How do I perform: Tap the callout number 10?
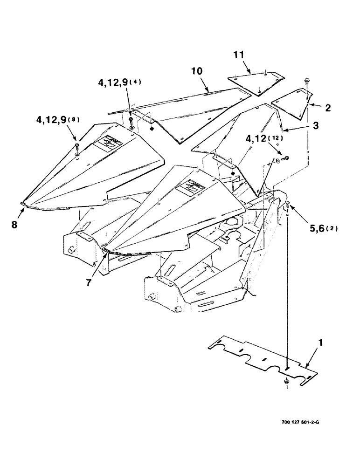pyautogui.click(x=197, y=73)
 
